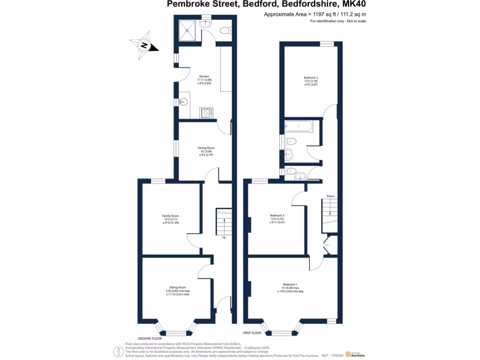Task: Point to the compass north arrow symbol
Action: pos(144,46)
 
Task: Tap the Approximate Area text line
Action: pos(315,15)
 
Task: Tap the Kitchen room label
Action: pos(204,76)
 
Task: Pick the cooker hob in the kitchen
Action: pos(206,112)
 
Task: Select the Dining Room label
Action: pos(206,148)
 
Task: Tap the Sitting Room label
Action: pos(178,287)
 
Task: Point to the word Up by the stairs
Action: pos(224,238)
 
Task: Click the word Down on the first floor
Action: pos(330,196)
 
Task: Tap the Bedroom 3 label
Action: pos(277,216)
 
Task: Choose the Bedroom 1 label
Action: pos(290,285)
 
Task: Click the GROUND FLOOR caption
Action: pos(150,338)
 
